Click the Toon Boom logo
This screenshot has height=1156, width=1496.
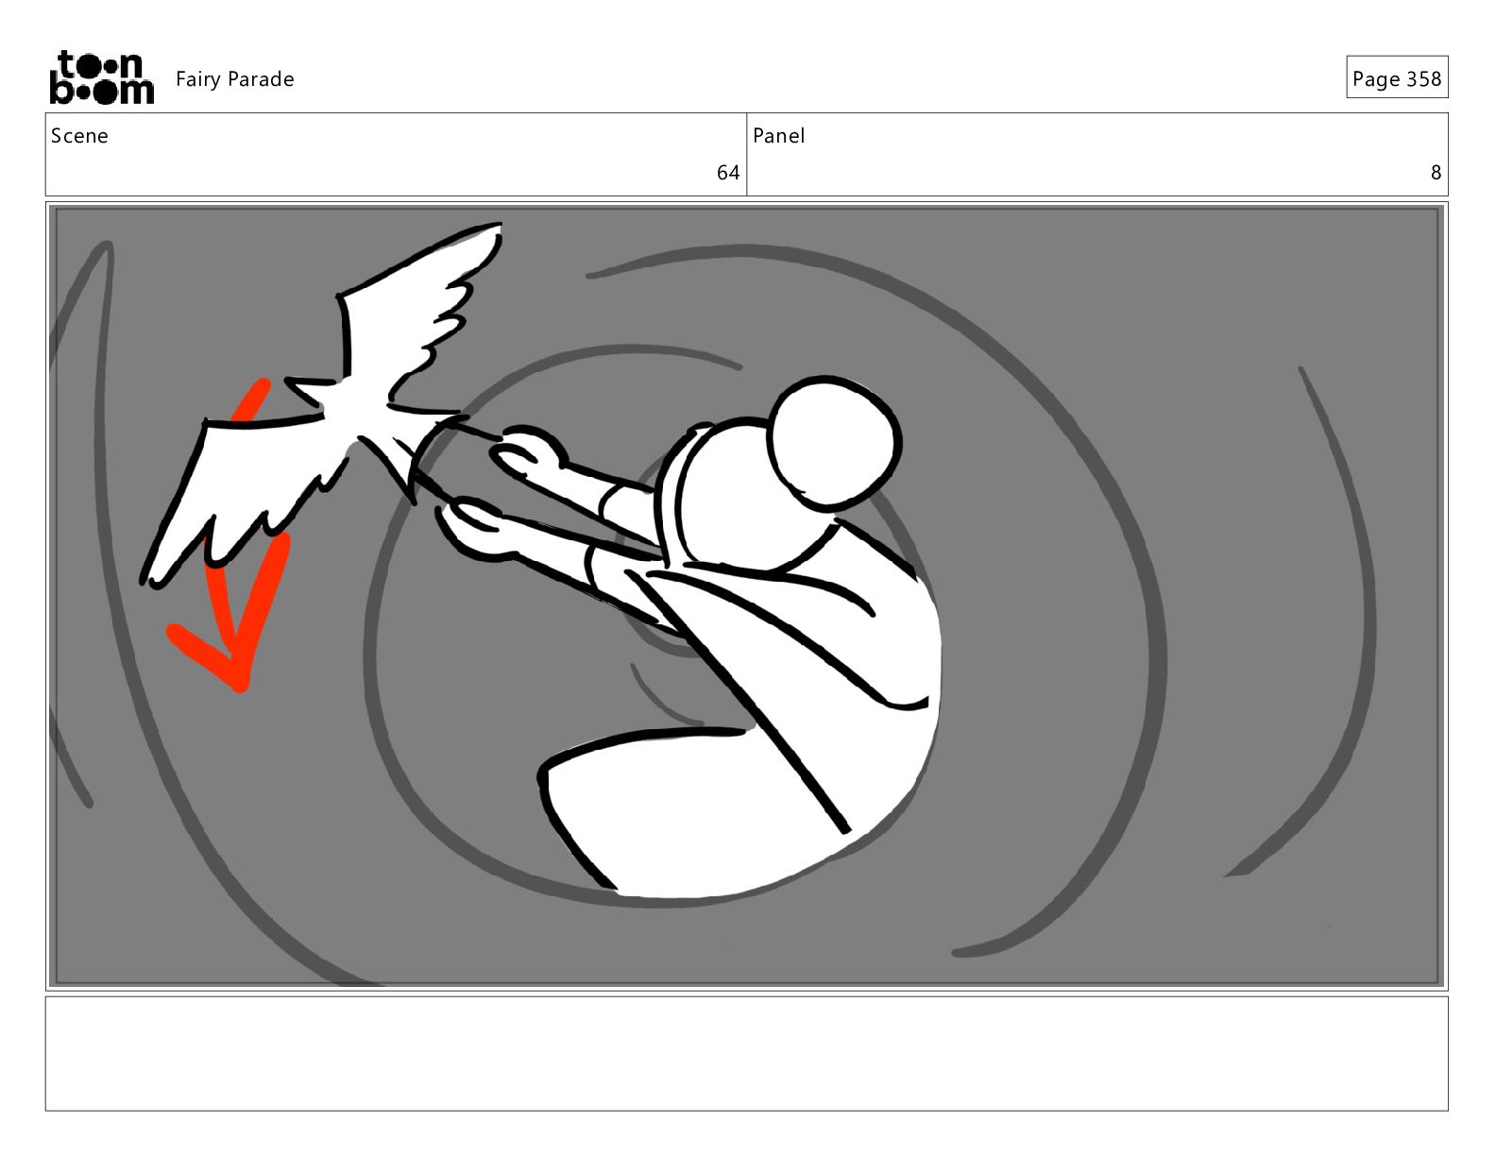(102, 77)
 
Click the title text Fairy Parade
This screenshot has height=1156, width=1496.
(235, 79)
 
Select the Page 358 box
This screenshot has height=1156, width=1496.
(1397, 77)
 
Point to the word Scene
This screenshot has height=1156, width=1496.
(80, 136)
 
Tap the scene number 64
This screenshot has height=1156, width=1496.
(727, 172)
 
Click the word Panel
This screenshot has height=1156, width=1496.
(778, 136)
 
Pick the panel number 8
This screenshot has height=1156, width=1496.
(1436, 172)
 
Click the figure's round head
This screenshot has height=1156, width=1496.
(834, 443)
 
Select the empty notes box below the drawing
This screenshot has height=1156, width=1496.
(747, 1053)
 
